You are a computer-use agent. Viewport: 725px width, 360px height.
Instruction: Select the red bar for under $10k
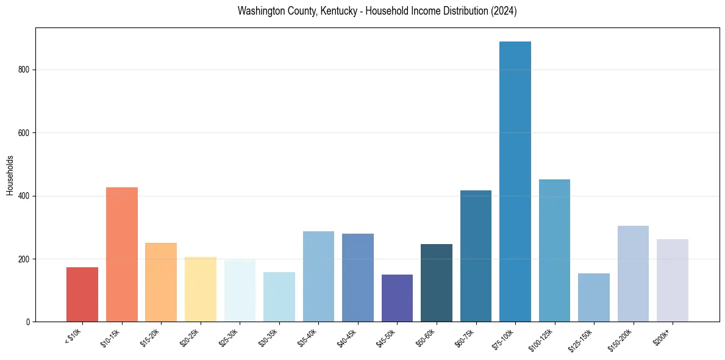[82, 294]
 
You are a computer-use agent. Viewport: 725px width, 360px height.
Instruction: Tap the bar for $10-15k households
[122, 254]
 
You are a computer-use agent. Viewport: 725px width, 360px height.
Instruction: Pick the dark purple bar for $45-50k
[397, 298]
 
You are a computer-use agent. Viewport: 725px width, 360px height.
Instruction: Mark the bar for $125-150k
[594, 297]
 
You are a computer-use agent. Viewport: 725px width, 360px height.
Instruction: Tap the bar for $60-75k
[476, 256]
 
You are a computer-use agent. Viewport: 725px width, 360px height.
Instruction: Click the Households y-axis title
[10, 175]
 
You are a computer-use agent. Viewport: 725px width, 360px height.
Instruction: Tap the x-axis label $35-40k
[308, 337]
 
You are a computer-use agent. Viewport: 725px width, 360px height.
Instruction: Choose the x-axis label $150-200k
[621, 339]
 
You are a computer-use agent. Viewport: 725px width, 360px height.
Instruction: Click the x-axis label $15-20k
[151, 337]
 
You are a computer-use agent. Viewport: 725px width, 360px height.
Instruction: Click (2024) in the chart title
[503, 11]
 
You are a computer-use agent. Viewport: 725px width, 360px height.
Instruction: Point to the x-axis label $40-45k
[347, 337]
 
